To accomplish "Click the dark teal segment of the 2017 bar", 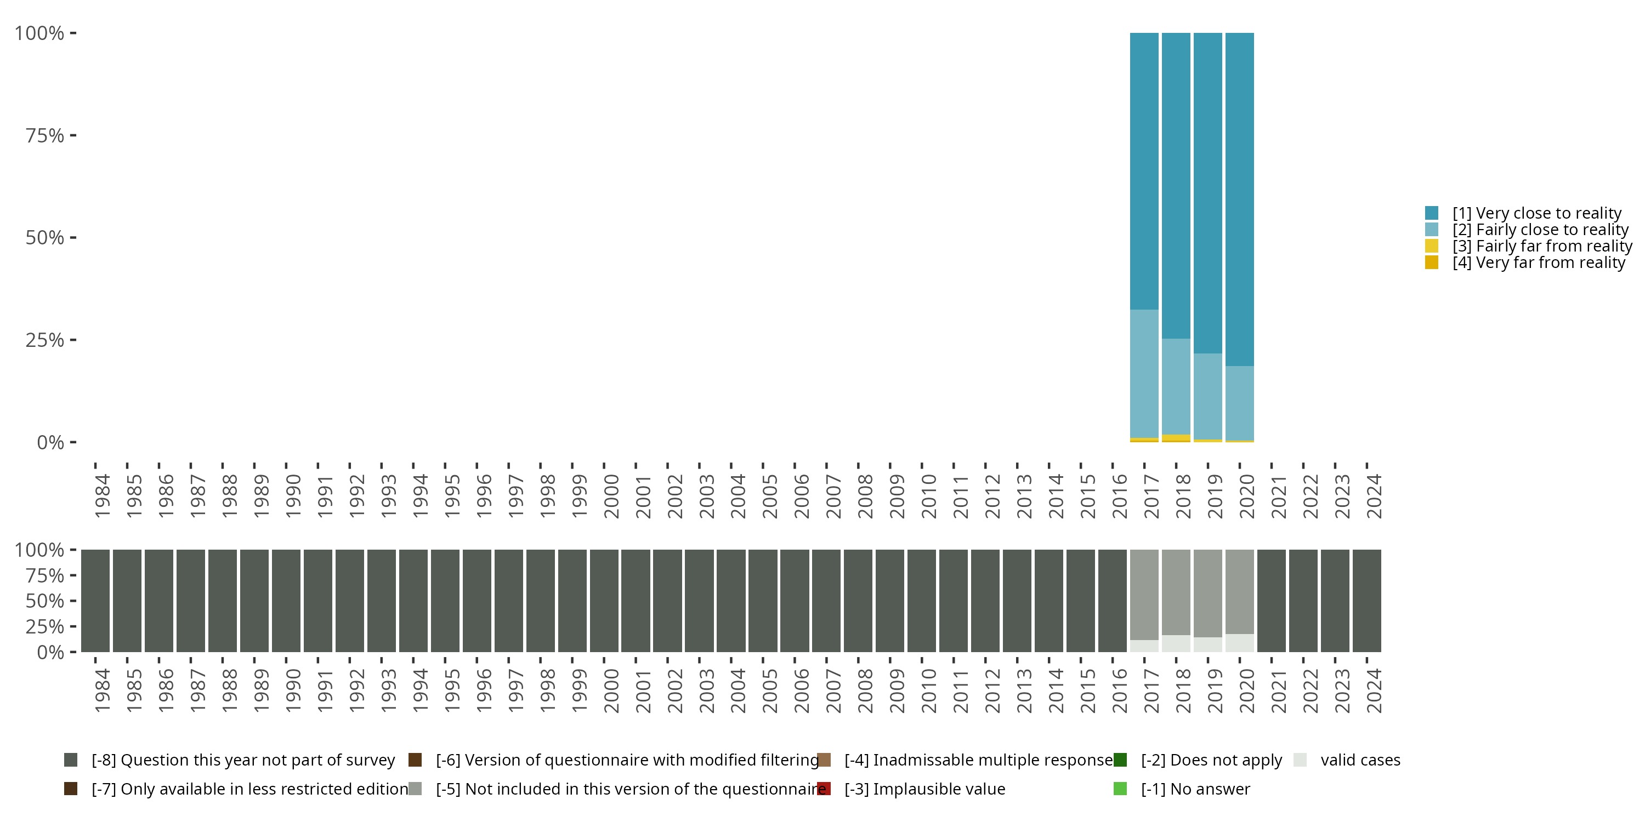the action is [1144, 171].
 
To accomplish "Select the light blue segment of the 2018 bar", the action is [1176, 387].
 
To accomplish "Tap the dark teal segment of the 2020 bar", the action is [1239, 199].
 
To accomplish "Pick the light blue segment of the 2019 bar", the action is [1207, 396].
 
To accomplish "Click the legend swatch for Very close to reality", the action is [1432, 213].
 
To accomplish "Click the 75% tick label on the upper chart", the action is [45, 135].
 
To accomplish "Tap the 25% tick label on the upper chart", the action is [45, 340].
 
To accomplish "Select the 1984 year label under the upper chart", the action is [102, 496].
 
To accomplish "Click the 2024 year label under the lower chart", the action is [1374, 690].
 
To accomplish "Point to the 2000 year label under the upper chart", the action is [611, 496].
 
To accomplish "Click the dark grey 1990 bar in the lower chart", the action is [286, 601].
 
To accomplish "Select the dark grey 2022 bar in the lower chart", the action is [1303, 601].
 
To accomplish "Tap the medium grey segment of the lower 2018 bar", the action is [1176, 592].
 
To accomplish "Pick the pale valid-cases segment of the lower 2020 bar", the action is [1239, 643].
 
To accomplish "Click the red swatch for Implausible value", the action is [824, 789].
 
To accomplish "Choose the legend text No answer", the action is [1195, 789].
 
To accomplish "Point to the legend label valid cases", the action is [1360, 760].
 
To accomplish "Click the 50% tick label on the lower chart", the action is [45, 601].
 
